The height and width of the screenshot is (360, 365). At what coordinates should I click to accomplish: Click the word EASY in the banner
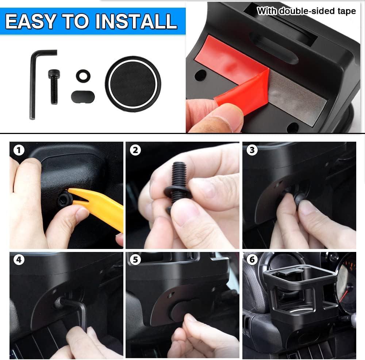pos(31,22)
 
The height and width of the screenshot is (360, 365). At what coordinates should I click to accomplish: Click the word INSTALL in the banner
pos(136,22)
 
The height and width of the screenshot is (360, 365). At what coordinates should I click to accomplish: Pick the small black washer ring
pos(83,76)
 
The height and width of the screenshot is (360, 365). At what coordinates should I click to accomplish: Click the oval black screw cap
pos(83,97)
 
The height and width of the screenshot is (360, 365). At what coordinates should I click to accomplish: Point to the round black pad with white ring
pos(133,84)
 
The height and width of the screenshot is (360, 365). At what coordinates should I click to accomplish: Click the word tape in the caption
pos(347,11)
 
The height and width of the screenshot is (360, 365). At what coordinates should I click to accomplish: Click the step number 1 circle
pos(19,150)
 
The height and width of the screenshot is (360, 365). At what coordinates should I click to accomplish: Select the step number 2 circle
pos(135,150)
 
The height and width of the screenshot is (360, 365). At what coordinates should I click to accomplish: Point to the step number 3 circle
pos(252,150)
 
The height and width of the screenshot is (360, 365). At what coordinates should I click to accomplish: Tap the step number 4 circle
pos(19,259)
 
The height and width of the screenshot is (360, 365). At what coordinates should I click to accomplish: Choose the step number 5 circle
pos(135,259)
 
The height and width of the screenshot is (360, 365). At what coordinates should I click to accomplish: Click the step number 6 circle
pos(252,259)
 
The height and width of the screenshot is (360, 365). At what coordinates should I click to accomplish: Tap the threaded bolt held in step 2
pos(178,184)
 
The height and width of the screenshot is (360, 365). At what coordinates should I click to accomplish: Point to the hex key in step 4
pos(74,310)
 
